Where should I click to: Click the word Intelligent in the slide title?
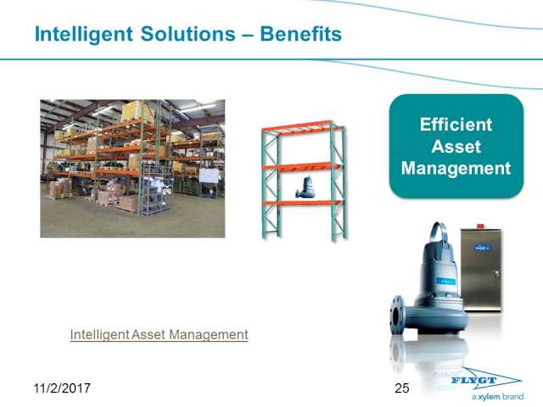pyautogui.click(x=83, y=35)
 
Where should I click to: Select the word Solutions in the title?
pyautogui.click(x=188, y=34)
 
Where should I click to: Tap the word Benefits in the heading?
pyautogui.click(x=300, y=34)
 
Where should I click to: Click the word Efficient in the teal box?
pyautogui.click(x=456, y=125)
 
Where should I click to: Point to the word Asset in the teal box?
pyautogui.click(x=456, y=147)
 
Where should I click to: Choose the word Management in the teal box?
pyautogui.click(x=456, y=169)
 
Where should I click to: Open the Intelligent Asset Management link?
pyautogui.click(x=159, y=335)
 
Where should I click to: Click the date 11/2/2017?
pyautogui.click(x=62, y=388)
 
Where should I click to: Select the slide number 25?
pyautogui.click(x=401, y=388)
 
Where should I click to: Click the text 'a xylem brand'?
pyautogui.click(x=497, y=397)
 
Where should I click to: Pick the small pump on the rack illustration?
pyautogui.click(x=305, y=187)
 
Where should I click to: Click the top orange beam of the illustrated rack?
pyautogui.click(x=301, y=126)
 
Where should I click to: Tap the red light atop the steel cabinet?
pyautogui.click(x=481, y=226)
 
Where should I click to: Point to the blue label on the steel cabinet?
pyautogui.click(x=483, y=248)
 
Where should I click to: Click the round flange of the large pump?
pyautogui.click(x=398, y=315)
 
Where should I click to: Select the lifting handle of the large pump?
pyautogui.click(x=439, y=231)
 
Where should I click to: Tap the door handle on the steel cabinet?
pyautogui.click(x=497, y=274)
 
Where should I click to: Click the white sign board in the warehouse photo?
pyautogui.click(x=209, y=176)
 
